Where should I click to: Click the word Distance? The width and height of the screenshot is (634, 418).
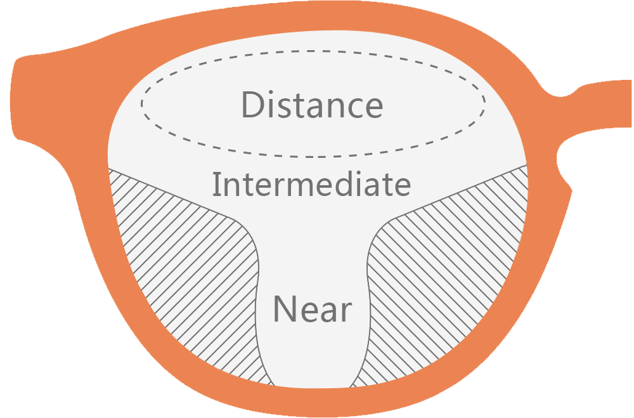312,105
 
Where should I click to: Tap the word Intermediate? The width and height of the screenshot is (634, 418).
311,184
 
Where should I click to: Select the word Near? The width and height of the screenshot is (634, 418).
312,309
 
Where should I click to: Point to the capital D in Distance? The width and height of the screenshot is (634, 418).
253,105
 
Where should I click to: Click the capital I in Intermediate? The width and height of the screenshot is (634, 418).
216,184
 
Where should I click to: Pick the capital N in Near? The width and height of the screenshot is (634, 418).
285,309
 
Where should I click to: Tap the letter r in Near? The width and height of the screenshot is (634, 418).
346,312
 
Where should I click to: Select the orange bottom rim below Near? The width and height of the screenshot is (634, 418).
313,402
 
